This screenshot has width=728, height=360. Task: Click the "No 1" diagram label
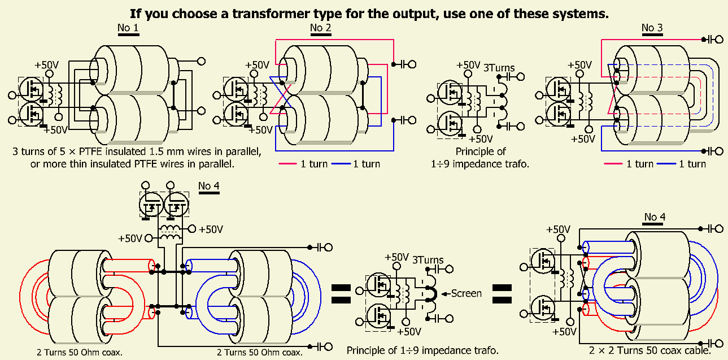click(x=128, y=28)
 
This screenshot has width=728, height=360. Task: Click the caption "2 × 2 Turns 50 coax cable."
click(x=649, y=350)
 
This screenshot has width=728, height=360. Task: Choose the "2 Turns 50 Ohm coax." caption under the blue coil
click(x=260, y=353)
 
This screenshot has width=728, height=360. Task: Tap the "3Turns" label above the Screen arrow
click(x=428, y=261)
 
